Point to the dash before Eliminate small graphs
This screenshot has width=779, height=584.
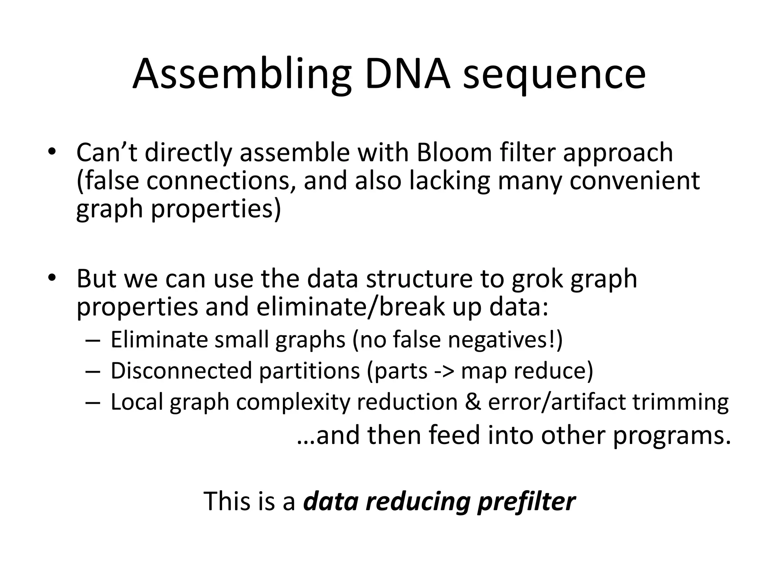click(93, 340)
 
